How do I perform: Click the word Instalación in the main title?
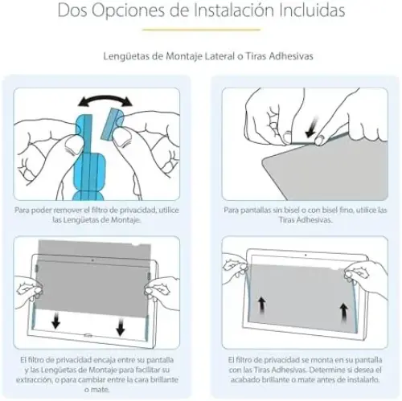pyautogui.click(x=234, y=10)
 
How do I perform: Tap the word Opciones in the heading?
pyautogui.click(x=127, y=11)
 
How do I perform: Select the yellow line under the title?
pyautogui.click(x=202, y=30)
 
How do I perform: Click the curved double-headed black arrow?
pyautogui.click(x=105, y=100)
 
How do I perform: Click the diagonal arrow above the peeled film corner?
pyautogui.click(x=311, y=128)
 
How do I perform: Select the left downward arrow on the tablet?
pyautogui.click(x=55, y=320)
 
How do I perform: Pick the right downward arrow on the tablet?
pyautogui.click(x=121, y=326)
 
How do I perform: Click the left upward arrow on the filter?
pyautogui.click(x=262, y=306)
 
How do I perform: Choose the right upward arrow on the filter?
pyautogui.click(x=343, y=313)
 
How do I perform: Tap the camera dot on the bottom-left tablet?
pyautogui.click(x=92, y=260)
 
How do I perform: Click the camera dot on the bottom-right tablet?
pyautogui.click(x=306, y=256)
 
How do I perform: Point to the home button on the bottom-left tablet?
pyautogui.click(x=88, y=335)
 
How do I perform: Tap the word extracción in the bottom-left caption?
pyautogui.click(x=34, y=380)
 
